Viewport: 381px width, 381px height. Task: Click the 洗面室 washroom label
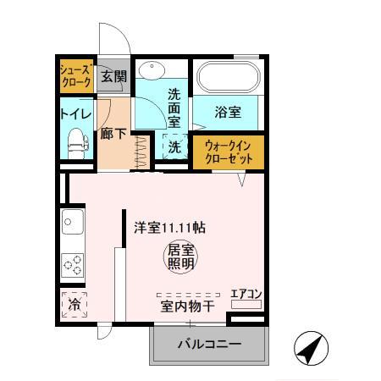point(174,108)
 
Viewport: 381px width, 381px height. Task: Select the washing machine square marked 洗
point(173,146)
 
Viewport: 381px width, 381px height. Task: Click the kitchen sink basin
point(71,225)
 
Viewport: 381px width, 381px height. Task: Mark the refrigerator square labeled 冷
point(75,302)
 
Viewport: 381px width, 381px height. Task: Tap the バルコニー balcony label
point(209,345)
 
